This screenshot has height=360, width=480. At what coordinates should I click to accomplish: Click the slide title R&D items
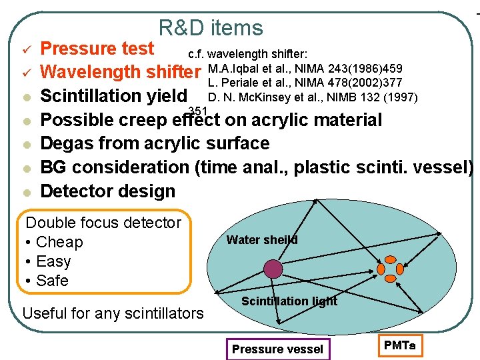(211, 28)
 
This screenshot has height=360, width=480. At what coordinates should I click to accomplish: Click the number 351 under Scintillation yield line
(199, 111)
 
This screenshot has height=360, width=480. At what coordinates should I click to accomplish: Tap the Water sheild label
(262, 240)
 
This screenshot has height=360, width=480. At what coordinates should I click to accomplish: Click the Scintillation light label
(289, 301)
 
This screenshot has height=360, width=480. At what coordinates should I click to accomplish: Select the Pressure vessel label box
(277, 349)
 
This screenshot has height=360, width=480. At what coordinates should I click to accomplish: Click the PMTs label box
(399, 346)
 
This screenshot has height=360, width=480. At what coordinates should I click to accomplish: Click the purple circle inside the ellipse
(273, 269)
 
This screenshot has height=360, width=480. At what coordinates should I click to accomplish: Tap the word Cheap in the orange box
(59, 242)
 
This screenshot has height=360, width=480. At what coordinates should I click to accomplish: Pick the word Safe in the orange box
(53, 281)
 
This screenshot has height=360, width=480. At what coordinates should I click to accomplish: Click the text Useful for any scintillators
(113, 312)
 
